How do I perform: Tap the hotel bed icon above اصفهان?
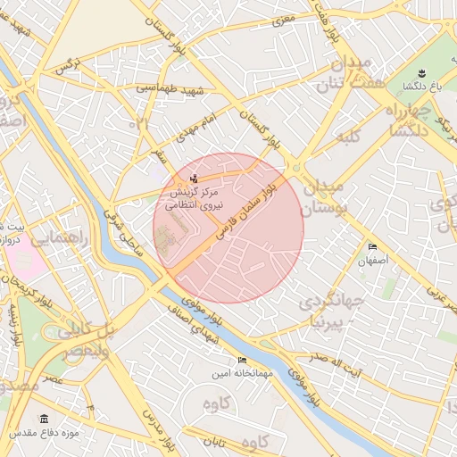tap(372, 247)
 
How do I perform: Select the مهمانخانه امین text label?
tap(242, 374)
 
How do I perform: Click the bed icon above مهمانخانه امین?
tap(243, 361)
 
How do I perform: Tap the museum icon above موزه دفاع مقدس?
tap(45, 419)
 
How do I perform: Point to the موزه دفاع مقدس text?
tap(46, 433)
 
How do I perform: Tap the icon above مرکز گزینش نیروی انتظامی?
tap(195, 177)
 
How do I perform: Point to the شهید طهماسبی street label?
tap(170, 90)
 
